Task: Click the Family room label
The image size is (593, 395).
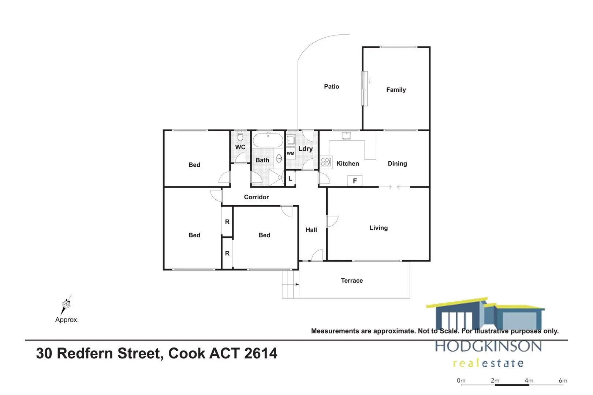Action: coord(396,90)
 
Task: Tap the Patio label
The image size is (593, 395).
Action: coord(331,86)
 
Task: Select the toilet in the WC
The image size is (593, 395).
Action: coord(240,136)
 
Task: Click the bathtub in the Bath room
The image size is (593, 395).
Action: coord(268,140)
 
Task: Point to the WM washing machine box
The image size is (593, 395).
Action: coord(290,154)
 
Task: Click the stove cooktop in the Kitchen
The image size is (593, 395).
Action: coord(326,162)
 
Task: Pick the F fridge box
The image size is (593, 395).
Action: coord(355,181)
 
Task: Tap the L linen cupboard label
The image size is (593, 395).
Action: coord(290,178)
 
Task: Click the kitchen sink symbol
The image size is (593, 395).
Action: coord(346,136)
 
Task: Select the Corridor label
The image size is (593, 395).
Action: coord(256,197)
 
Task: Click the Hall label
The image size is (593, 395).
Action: coord(311,230)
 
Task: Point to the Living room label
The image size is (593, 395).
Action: coord(378,228)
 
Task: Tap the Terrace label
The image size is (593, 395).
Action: coord(352,281)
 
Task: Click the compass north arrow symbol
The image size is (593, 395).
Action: coord(66,304)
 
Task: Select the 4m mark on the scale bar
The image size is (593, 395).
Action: coord(529,381)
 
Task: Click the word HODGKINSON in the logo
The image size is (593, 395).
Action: coord(488,346)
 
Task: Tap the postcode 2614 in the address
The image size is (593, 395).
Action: coord(260,353)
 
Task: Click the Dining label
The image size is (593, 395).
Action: coord(397,163)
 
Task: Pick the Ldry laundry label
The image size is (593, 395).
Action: coord(305,149)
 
